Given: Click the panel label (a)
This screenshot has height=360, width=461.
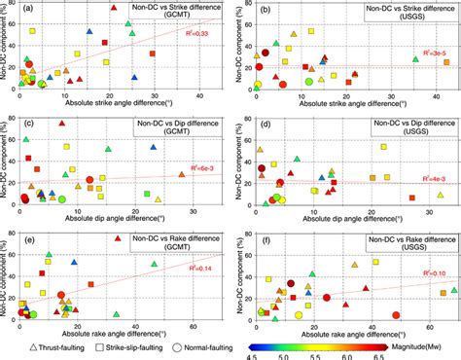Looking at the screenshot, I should (26, 11).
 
